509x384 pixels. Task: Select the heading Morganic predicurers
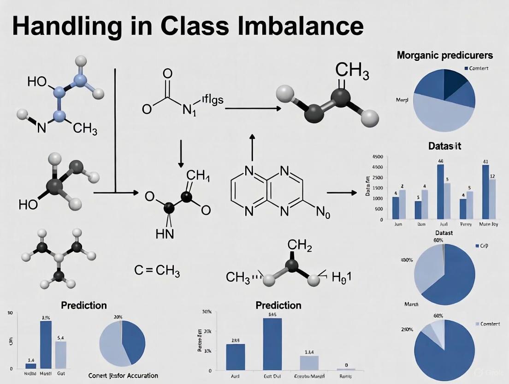pos(444,55)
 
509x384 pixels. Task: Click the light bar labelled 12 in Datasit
pos(492,198)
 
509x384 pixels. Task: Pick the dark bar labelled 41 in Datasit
pos(485,192)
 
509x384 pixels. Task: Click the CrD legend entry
pos(483,246)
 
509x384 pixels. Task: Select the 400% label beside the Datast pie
pos(407,260)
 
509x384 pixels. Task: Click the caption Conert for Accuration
pos(123,375)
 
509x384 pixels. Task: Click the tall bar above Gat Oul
pos(272,344)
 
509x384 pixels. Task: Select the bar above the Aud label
pos(235,357)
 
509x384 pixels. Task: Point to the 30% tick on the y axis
pos(206,312)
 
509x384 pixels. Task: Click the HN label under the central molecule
pos(165,234)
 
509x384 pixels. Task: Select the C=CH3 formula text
pos(157,271)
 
